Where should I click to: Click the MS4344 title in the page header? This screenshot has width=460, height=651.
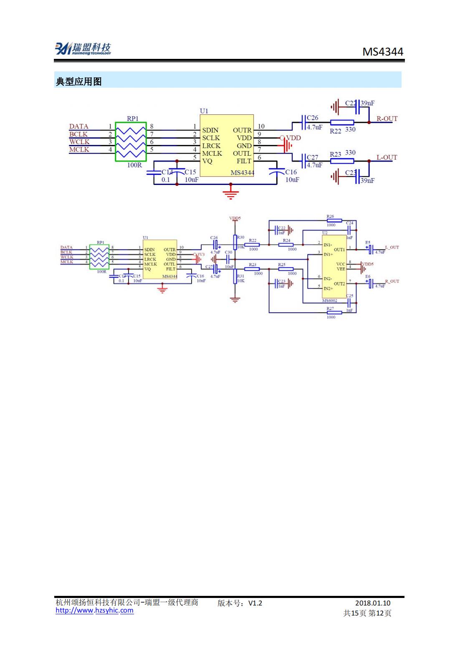(x=382, y=52)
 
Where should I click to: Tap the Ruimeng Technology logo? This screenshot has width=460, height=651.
(x=83, y=48)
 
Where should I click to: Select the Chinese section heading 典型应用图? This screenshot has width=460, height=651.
(x=79, y=82)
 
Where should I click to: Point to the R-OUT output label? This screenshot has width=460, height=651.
(x=387, y=119)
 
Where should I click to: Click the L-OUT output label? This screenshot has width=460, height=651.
(x=387, y=157)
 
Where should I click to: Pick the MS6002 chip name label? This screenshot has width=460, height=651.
(x=329, y=301)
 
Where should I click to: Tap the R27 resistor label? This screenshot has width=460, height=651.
(x=330, y=309)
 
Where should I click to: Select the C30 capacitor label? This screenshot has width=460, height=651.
(x=228, y=253)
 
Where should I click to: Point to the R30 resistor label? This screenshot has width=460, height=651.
(x=240, y=237)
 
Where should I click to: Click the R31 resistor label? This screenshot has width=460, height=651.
(x=240, y=276)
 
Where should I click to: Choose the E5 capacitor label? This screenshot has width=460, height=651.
(x=367, y=242)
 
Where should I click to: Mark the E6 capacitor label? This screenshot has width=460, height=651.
(x=367, y=276)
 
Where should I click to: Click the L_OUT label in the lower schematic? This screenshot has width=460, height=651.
(x=392, y=247)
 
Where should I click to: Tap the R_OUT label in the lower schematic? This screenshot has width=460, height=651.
(x=392, y=281)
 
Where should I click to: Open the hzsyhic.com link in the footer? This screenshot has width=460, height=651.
(x=95, y=610)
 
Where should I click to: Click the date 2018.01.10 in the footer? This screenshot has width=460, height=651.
(x=373, y=603)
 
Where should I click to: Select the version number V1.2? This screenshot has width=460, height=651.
(x=255, y=603)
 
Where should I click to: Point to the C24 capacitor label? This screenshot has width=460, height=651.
(x=349, y=223)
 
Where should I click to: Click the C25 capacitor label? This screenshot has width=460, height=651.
(x=349, y=296)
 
